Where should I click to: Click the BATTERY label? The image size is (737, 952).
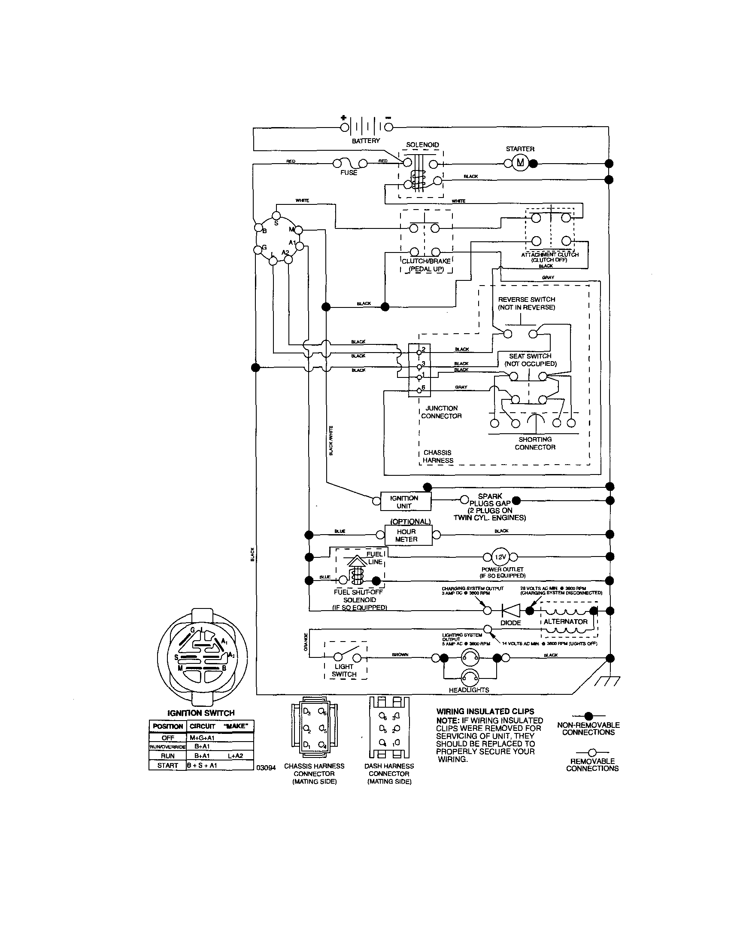pos(366,141)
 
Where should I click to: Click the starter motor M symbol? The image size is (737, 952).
pos(520,164)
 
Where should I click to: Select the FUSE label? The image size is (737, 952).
pos(349,173)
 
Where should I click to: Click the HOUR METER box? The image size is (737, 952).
pos(406,535)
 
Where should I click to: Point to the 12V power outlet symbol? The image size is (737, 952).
pos(500,557)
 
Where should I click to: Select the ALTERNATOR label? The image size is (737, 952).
pos(565,622)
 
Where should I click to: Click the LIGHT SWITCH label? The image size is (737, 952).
pos(344,670)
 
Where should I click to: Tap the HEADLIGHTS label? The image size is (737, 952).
pos(469,690)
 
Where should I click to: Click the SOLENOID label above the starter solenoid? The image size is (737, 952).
pos(422,145)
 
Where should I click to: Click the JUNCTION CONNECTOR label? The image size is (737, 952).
pos(441,412)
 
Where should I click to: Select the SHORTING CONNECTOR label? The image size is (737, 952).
pos(535,443)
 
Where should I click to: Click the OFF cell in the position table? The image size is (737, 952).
pos(168,738)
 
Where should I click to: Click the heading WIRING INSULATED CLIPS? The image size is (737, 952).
pos(485,712)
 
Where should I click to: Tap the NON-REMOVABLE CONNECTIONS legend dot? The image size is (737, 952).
pos(588,716)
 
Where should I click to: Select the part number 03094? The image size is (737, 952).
pos(266,768)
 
